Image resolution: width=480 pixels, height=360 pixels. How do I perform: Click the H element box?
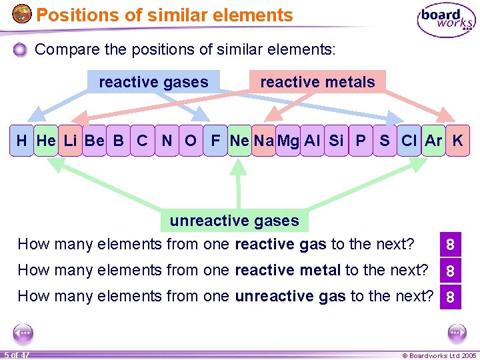tap(22, 141)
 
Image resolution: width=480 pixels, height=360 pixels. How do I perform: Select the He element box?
tap(46, 141)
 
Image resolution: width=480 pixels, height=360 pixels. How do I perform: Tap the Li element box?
tap(70, 141)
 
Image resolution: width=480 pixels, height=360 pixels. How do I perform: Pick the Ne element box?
tap(239, 141)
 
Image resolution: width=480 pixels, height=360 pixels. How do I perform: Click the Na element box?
tap(263, 141)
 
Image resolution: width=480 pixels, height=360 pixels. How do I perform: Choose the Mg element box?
tap(288, 141)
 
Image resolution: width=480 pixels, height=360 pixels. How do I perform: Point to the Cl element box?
tap(409, 141)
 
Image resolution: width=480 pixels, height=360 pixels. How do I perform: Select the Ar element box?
tap(433, 141)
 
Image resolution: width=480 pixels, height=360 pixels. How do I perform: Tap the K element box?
tap(457, 141)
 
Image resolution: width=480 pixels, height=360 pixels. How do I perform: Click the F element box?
tap(215, 141)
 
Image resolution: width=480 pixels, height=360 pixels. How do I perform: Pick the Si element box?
tap(336, 141)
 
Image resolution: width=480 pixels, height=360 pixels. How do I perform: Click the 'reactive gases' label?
tap(153, 82)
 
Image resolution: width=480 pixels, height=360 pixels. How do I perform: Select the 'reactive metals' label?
tap(317, 82)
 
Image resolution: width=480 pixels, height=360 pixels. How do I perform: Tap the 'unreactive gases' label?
tap(234, 221)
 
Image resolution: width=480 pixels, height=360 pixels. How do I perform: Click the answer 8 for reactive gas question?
tap(451, 245)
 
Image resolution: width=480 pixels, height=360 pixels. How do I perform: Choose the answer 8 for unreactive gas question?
tap(451, 297)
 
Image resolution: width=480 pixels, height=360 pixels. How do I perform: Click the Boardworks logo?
tap(446, 21)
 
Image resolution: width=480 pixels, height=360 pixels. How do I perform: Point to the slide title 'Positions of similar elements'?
tap(165, 15)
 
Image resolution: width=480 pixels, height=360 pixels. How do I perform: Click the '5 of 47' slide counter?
tap(16, 355)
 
